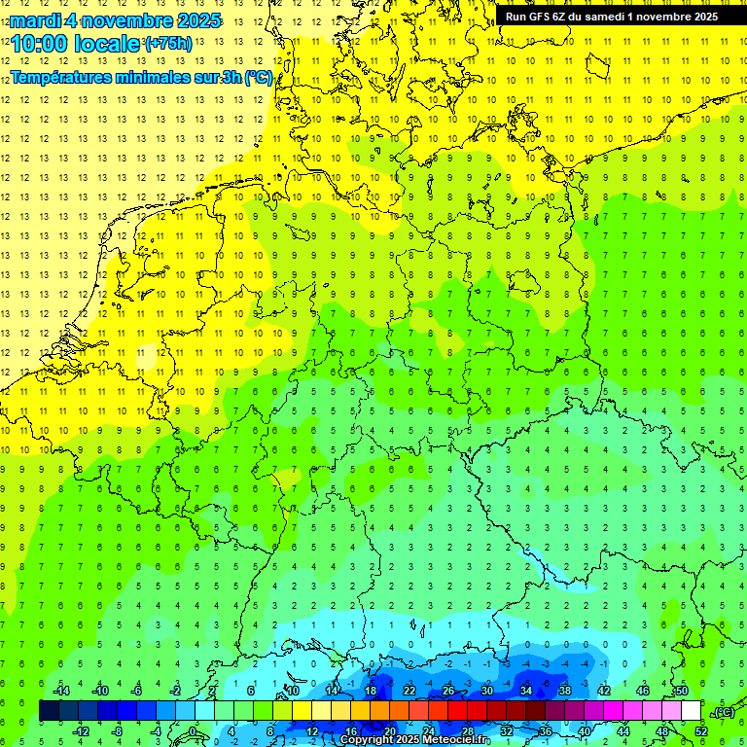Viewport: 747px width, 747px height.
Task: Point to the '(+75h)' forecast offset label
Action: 168,44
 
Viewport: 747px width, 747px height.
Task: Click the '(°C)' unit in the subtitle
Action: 259,78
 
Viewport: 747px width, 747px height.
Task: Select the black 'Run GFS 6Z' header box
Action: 611,16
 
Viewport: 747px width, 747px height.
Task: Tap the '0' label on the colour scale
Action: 193,731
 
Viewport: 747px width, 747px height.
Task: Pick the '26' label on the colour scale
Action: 448,691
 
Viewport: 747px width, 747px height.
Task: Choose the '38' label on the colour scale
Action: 564,691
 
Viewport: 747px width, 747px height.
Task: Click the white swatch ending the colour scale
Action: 691,711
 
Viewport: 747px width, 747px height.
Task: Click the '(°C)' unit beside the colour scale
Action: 723,712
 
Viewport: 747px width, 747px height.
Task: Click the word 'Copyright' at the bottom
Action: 368,740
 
